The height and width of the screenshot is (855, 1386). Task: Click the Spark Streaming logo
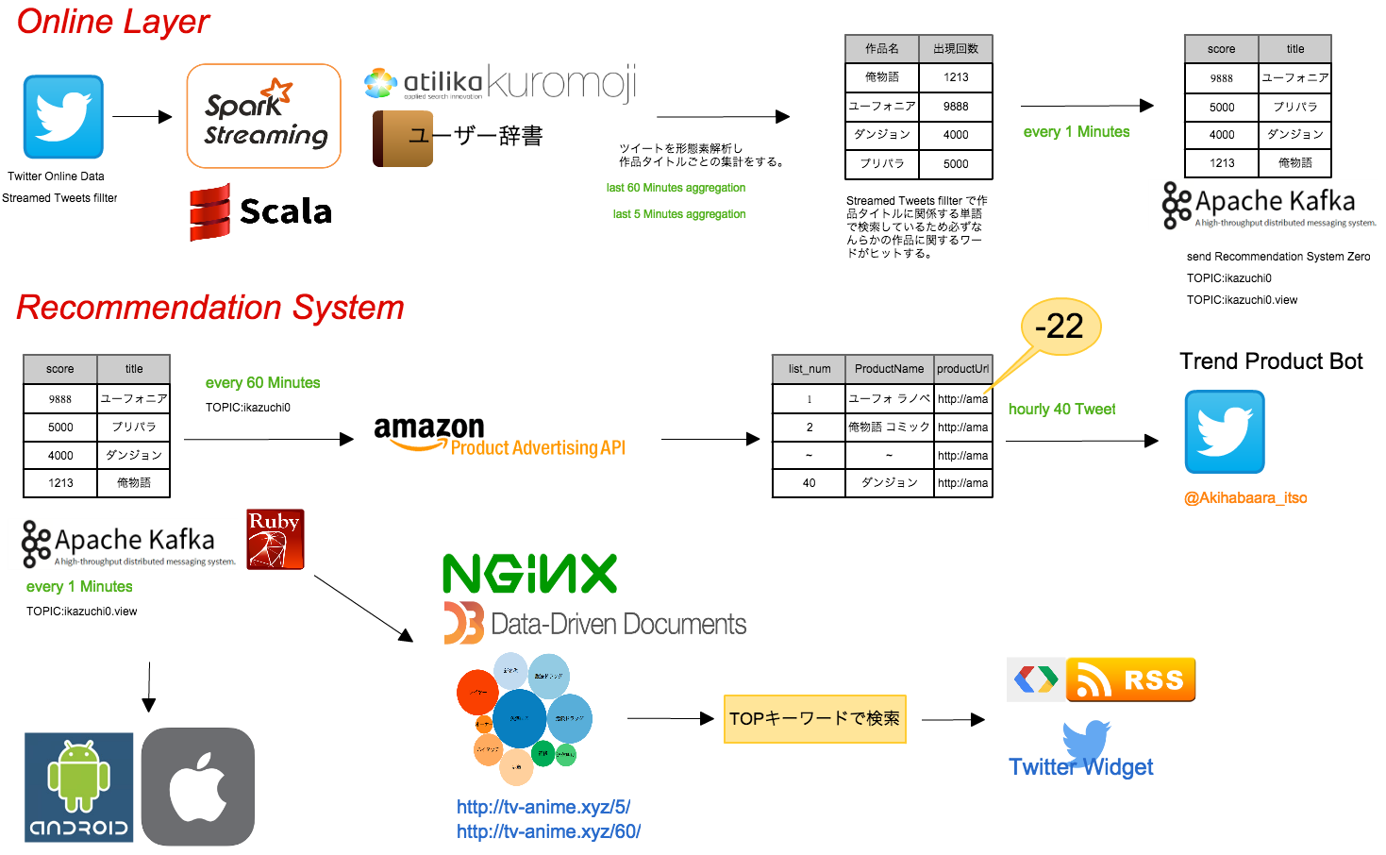[x=263, y=116]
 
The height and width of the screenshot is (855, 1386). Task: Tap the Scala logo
[x=263, y=213]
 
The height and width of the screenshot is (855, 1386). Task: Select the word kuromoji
[x=562, y=83]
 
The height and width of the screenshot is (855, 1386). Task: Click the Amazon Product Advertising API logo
[x=499, y=439]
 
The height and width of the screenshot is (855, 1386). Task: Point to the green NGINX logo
[x=529, y=573]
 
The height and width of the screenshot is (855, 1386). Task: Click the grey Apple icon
[x=198, y=787]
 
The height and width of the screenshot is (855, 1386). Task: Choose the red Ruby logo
[x=276, y=540]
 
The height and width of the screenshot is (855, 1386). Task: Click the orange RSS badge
[x=1130, y=679]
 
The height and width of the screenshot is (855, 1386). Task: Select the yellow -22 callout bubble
[x=1061, y=327]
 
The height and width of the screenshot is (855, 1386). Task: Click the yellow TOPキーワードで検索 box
[x=814, y=719]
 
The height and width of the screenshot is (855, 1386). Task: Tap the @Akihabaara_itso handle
[x=1245, y=497]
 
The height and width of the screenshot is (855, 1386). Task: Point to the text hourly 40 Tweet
[x=1061, y=409]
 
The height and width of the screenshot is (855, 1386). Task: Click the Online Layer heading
[x=112, y=22]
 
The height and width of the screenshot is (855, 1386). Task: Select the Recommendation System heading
[x=209, y=308]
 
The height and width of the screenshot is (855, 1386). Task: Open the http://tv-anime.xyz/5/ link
[x=543, y=807]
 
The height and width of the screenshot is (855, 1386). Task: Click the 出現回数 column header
[x=956, y=49]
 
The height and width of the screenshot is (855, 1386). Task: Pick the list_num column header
[x=810, y=369]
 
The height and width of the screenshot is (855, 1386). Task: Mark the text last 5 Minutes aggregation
[x=678, y=214]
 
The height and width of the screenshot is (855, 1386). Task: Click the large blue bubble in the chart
[x=520, y=718]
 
